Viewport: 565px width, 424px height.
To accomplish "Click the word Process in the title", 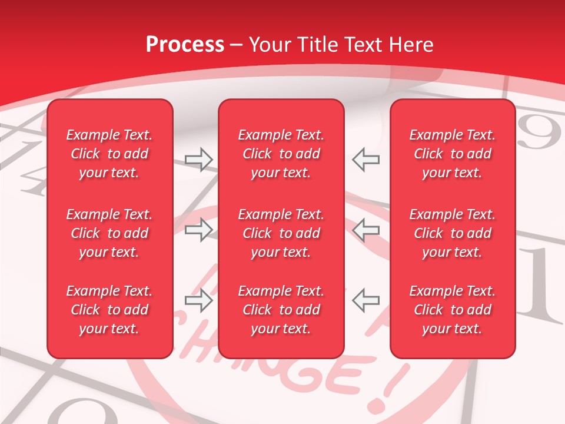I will (x=185, y=45).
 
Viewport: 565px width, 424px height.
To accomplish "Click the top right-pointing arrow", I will (x=198, y=160).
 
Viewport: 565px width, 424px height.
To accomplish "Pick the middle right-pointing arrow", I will (x=198, y=230).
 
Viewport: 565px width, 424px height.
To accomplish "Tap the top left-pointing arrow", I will (x=365, y=160).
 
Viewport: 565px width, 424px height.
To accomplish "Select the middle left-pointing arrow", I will (x=365, y=230).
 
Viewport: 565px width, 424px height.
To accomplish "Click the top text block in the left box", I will (x=109, y=154).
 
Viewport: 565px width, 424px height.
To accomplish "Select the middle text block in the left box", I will (x=109, y=233).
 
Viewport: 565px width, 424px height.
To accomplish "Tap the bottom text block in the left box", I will (x=109, y=310).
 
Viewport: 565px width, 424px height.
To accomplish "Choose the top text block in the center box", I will (x=281, y=154).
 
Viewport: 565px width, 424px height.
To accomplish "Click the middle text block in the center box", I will (x=281, y=233).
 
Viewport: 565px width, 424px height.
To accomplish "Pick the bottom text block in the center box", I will (x=281, y=310).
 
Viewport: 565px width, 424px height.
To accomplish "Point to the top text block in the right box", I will (x=452, y=154).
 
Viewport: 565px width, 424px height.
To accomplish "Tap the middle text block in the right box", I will (x=452, y=233).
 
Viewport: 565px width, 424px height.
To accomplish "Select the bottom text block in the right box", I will (x=452, y=310).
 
